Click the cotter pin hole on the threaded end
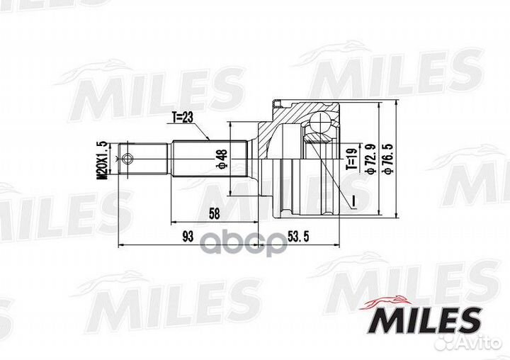[127, 159]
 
